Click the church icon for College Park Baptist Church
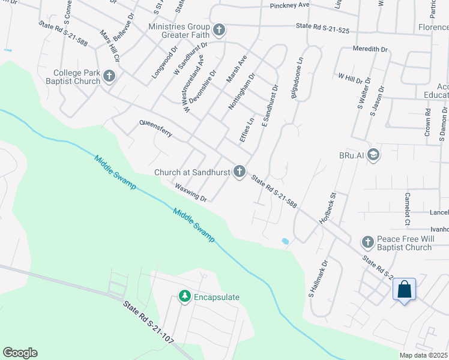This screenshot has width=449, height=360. (x=109, y=76)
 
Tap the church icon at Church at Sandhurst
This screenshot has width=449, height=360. (x=240, y=172)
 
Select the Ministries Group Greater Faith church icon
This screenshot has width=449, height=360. (x=219, y=29)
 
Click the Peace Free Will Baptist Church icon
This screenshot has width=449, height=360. (x=367, y=242)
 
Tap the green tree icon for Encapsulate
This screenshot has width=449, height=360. (x=184, y=297)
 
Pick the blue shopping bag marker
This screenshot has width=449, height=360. (x=405, y=290)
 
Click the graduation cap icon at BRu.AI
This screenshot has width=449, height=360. (x=373, y=155)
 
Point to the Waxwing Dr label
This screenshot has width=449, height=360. (x=191, y=193)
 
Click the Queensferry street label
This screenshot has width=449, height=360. (x=155, y=128)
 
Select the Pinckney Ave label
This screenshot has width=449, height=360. (x=289, y=5)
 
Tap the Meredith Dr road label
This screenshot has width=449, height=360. (x=370, y=48)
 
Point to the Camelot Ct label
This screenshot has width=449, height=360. (x=407, y=209)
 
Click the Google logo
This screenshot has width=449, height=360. (x=20, y=353)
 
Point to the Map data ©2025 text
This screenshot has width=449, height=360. (x=424, y=355)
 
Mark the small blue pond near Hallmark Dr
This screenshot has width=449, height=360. (x=285, y=241)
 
